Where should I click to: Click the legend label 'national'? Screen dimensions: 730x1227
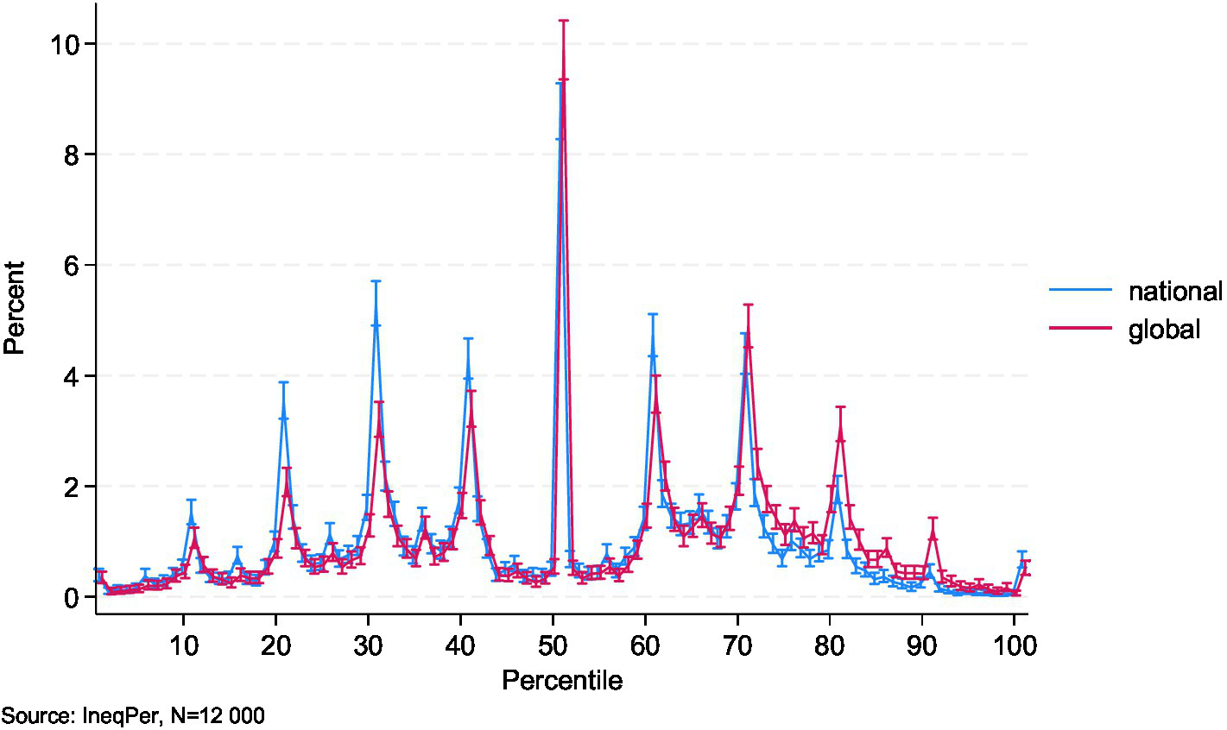[1174, 292]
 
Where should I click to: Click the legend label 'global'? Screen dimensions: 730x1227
[1163, 329]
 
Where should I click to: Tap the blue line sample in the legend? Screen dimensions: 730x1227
[1080, 292]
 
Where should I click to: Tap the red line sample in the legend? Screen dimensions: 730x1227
[1080, 329]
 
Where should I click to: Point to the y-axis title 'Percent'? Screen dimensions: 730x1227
[15, 308]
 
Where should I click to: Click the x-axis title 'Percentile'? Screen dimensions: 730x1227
[562, 681]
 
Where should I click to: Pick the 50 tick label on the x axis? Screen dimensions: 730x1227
[553, 645]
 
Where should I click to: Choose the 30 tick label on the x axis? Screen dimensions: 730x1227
[368, 645]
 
